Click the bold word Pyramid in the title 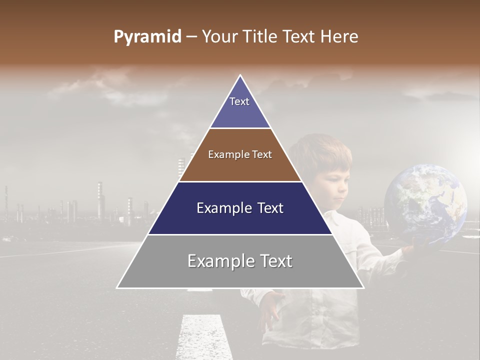147,37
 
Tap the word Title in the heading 258,37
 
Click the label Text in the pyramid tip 239,101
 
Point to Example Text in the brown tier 240,154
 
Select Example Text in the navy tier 240,208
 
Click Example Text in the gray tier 240,261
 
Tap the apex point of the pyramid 240,76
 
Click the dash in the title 191,37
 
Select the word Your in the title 219,37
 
